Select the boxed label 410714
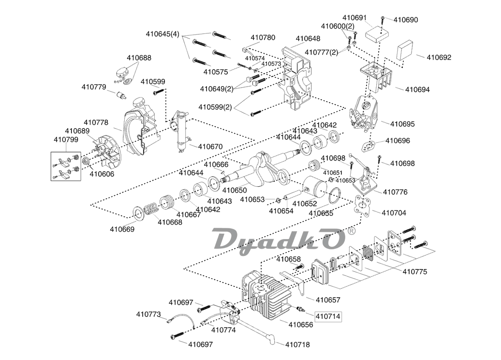[x=328, y=316]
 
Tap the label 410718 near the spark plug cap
[x=297, y=345]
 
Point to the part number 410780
[x=263, y=38]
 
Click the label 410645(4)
[x=162, y=34]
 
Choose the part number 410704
[x=394, y=212]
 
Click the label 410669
[x=122, y=229]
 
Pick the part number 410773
[x=148, y=315]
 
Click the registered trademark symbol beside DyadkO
[x=352, y=232]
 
